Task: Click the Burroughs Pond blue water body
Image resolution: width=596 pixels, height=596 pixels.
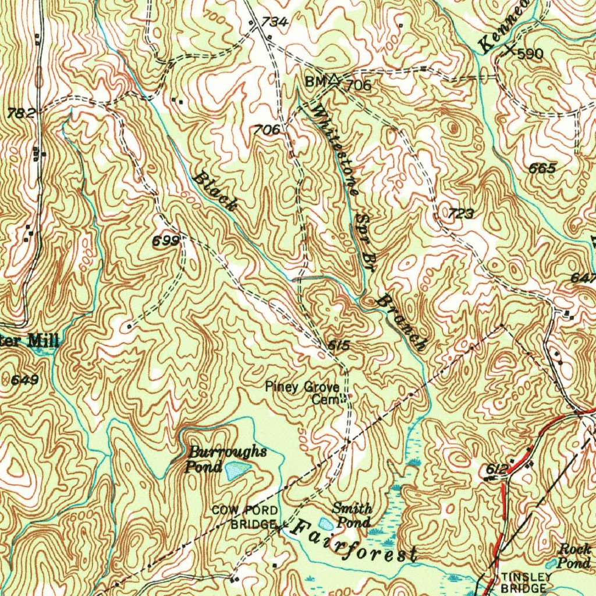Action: [236, 470]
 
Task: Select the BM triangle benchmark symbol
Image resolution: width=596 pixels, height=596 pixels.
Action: [334, 80]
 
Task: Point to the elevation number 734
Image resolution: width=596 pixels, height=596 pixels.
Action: [274, 22]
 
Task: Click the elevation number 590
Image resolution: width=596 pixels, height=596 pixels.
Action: [530, 54]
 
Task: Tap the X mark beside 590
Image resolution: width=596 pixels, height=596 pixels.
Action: [510, 51]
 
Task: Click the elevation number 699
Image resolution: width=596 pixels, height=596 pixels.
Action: [165, 240]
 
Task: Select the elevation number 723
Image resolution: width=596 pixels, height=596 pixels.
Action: [460, 214]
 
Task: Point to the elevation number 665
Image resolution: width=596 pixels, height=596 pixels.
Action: [542, 168]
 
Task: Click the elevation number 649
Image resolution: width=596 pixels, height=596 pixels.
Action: [25, 380]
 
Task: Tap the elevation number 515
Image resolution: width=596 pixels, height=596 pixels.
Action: [339, 346]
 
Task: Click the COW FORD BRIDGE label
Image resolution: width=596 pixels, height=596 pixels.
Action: [244, 517]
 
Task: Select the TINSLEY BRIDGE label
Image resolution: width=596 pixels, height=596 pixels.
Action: [524, 583]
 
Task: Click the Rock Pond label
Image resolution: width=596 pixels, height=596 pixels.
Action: [574, 556]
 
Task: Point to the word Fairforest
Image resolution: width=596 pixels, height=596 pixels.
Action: [354, 542]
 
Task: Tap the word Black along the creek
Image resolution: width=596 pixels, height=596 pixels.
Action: [215, 191]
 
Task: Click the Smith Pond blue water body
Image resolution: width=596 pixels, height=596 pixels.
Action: [327, 524]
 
